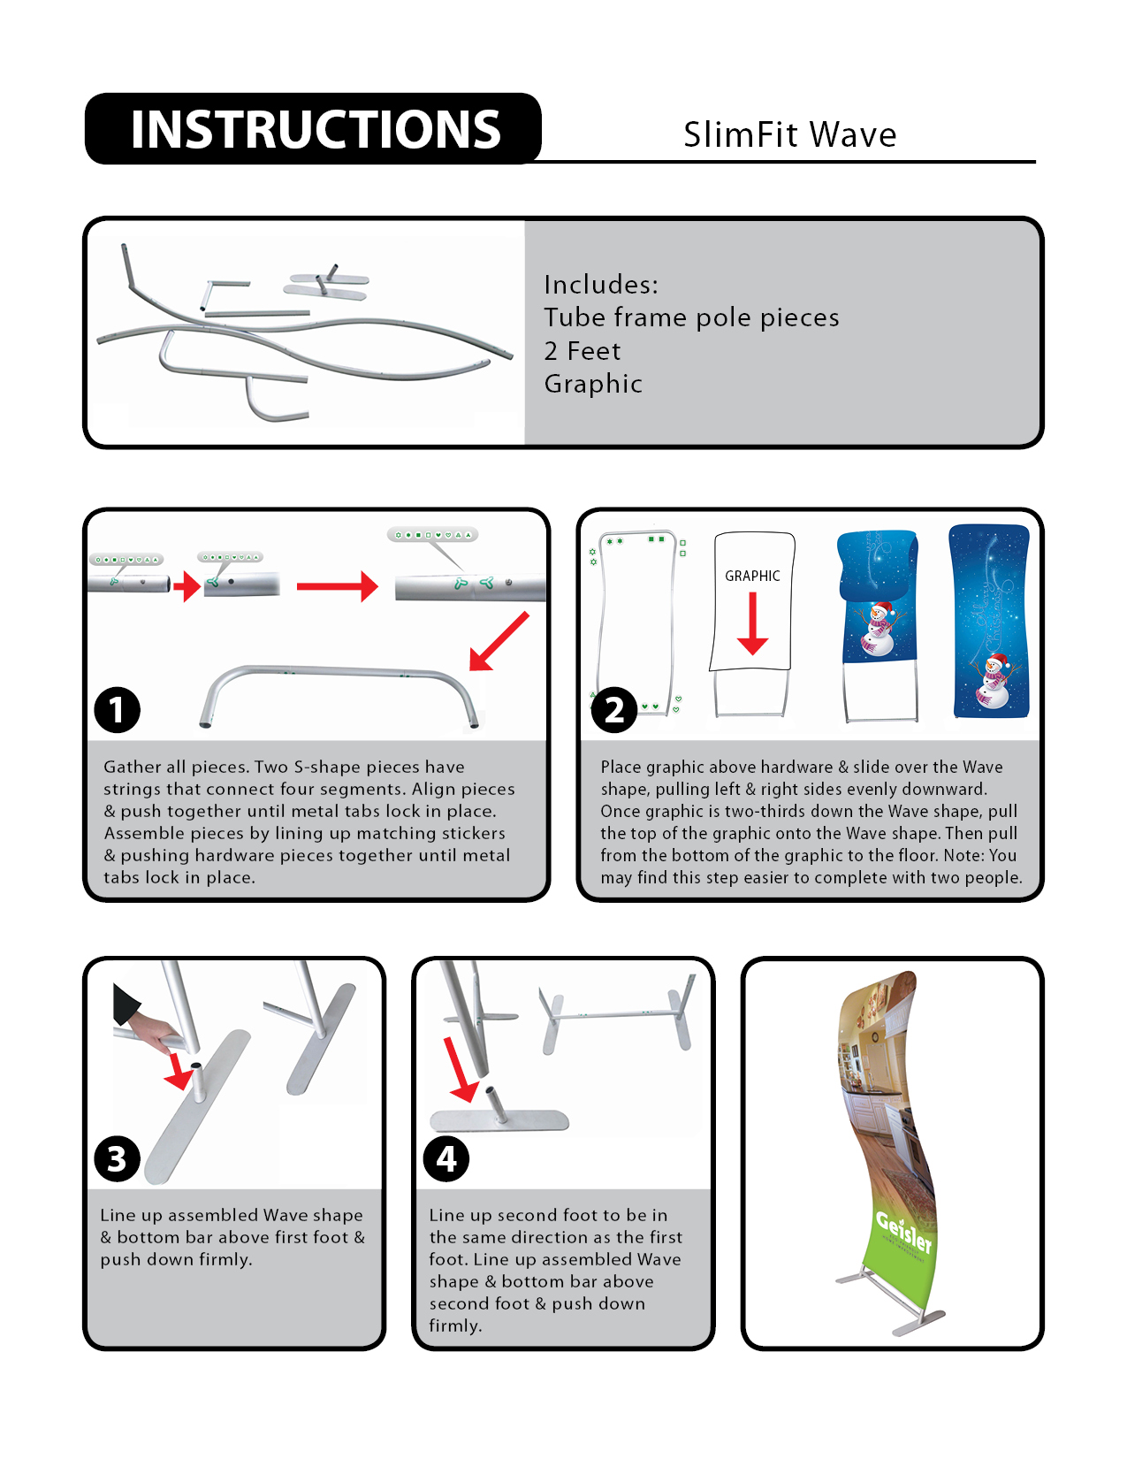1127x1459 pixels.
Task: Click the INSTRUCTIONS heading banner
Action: click(x=314, y=129)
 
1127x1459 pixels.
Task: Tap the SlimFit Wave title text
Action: click(x=789, y=135)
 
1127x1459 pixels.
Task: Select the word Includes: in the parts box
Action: click(x=601, y=285)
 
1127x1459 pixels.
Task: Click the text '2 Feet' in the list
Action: click(x=583, y=351)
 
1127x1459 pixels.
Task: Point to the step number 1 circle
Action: click(x=117, y=710)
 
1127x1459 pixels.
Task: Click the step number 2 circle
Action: click(x=613, y=710)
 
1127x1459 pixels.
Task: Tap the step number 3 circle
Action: click(x=117, y=1159)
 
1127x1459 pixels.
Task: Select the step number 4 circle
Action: click(x=446, y=1159)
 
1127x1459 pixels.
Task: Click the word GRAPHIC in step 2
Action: click(x=752, y=577)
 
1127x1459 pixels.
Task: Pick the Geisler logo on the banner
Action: click(x=903, y=1231)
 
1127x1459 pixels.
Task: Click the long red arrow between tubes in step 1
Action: click(x=337, y=586)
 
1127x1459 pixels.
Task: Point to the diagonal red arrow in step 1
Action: click(x=499, y=641)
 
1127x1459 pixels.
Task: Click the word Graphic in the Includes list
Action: click(x=593, y=384)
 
